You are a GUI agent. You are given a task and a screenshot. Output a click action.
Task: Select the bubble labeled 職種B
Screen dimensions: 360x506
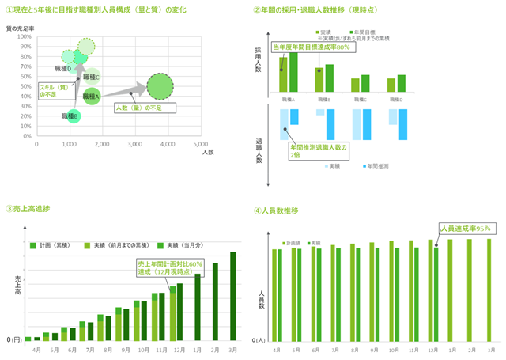[74, 116]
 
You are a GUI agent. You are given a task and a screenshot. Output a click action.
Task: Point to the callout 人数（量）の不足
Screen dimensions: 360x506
[139, 108]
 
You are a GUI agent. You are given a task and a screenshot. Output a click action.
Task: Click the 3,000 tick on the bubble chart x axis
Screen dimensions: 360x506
[134, 144]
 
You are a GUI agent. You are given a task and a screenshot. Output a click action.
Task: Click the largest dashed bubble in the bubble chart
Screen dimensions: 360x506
[160, 85]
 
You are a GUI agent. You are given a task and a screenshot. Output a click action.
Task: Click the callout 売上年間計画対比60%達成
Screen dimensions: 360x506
[170, 268]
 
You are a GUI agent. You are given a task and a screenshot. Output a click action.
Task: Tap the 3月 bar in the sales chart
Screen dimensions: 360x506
[233, 296]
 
